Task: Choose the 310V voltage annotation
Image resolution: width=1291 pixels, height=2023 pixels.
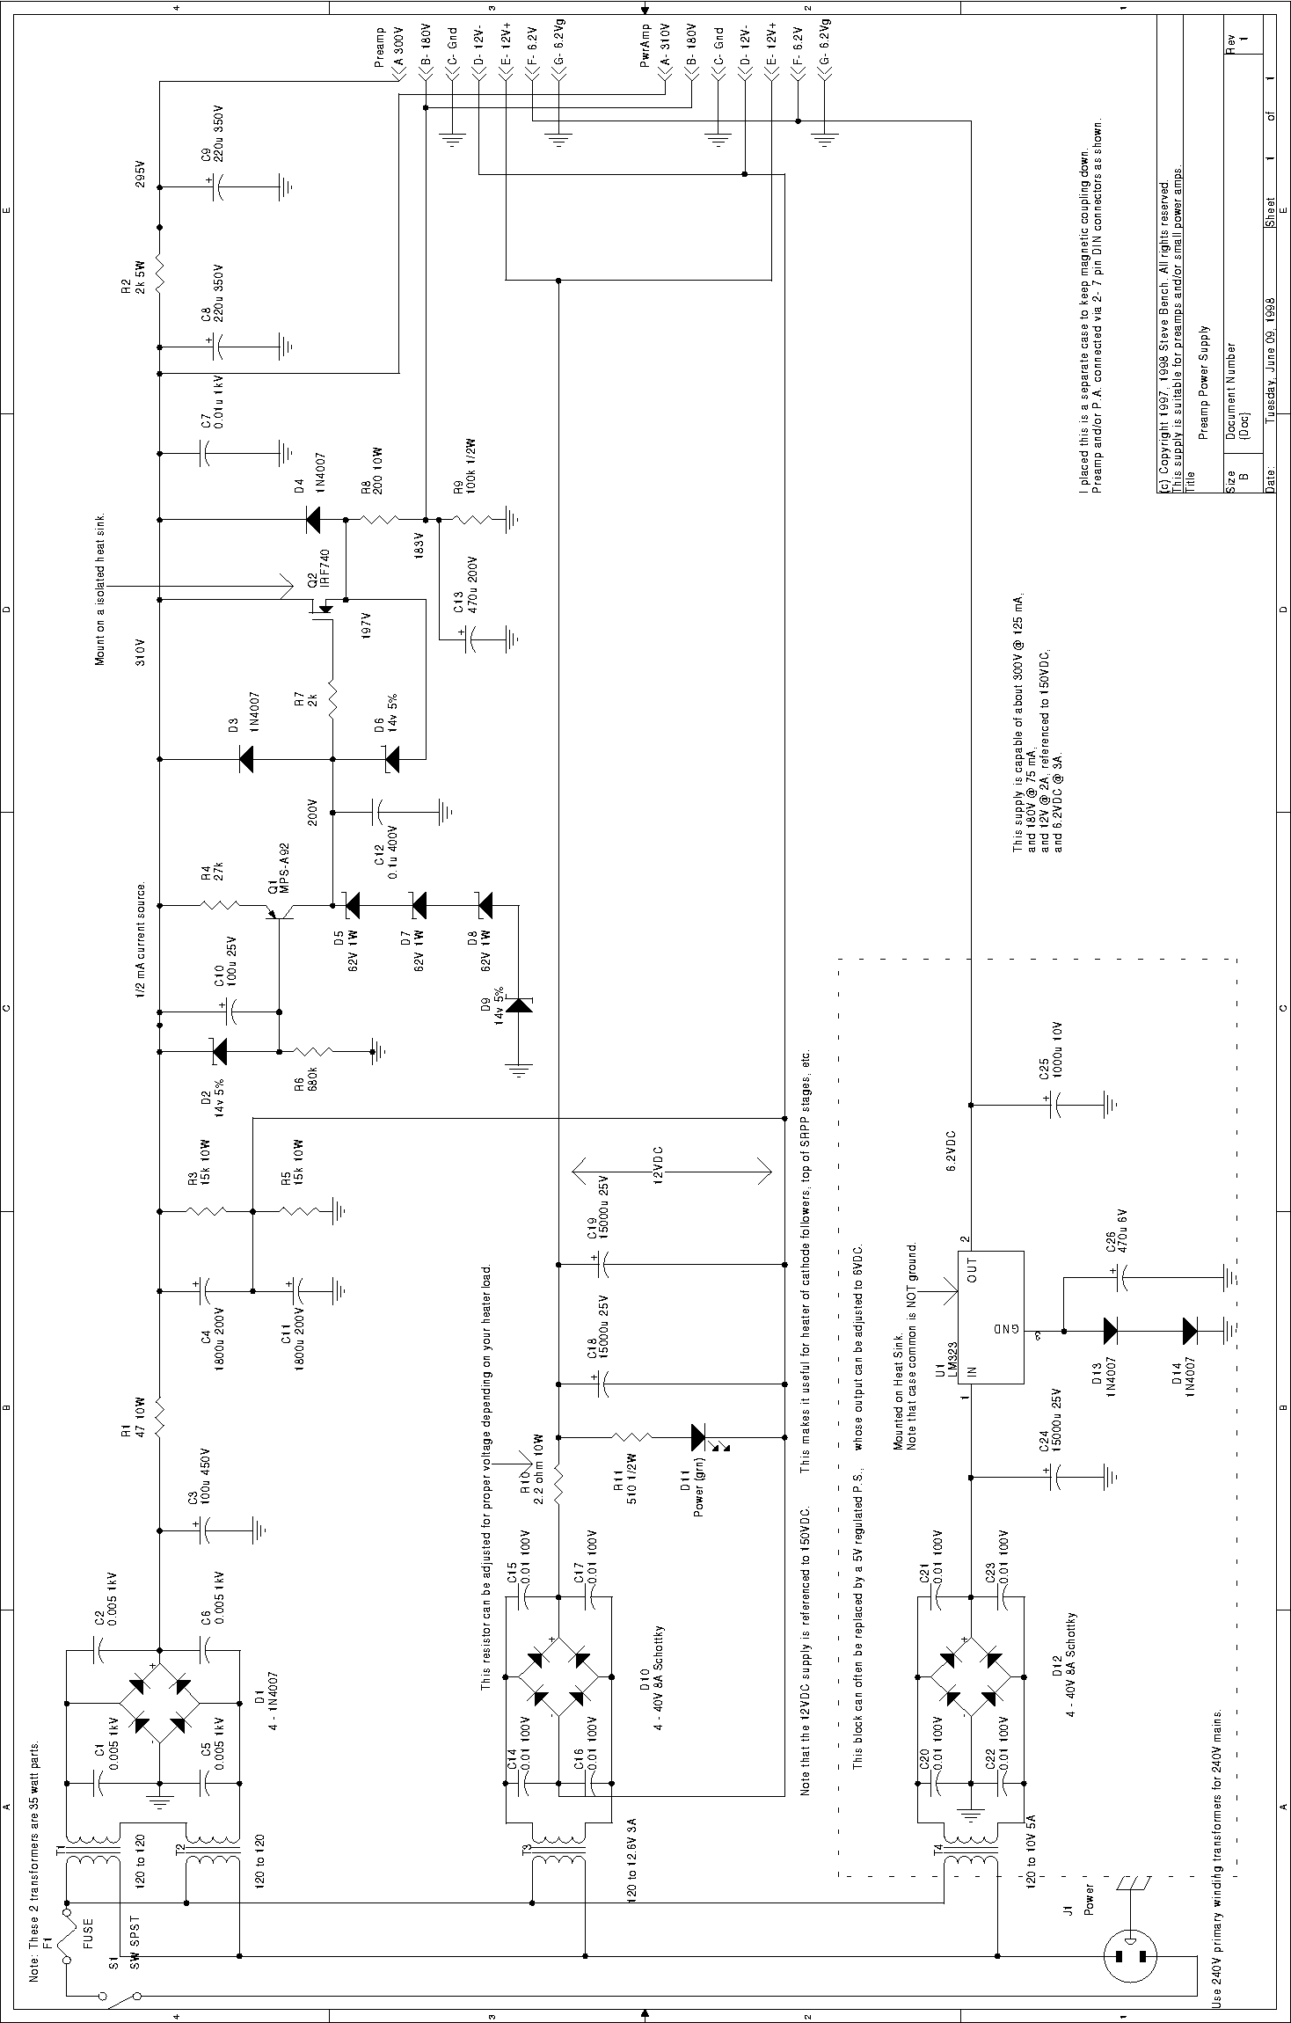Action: [140, 652]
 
